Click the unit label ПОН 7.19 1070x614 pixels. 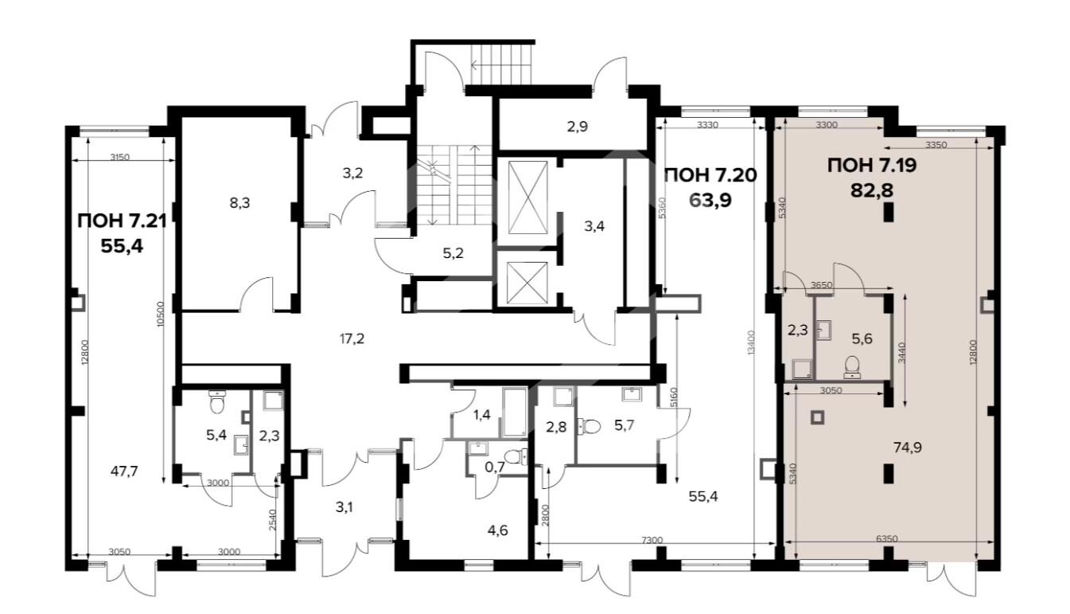pos(872,166)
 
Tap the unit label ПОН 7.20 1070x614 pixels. pos(710,175)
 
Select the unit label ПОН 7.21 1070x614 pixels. pos(122,221)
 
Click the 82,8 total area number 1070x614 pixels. pos(872,191)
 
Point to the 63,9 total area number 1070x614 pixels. pos(710,201)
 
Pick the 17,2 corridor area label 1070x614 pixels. pos(352,339)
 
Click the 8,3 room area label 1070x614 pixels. pos(239,203)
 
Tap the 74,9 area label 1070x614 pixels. pos(908,448)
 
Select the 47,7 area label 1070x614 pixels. pos(124,471)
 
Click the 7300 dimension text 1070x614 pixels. pos(652,540)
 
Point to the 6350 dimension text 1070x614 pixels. pos(887,539)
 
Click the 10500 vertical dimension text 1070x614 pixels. pos(161,314)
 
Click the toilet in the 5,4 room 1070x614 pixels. pos(217,402)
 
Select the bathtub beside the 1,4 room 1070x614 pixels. pos(515,413)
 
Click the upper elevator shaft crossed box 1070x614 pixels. pos(527,197)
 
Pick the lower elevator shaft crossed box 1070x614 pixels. pos(527,283)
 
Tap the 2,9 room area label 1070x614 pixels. pos(578,127)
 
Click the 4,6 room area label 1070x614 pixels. pos(498,530)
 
